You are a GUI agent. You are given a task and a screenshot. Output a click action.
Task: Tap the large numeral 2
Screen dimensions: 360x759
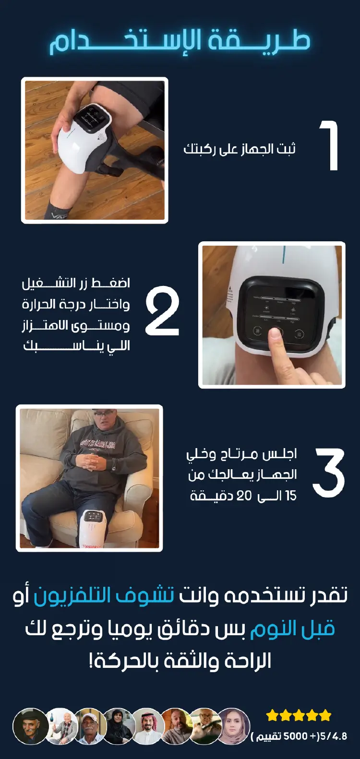coord(162,310)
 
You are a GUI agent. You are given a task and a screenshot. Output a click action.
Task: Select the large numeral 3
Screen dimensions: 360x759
coord(328,473)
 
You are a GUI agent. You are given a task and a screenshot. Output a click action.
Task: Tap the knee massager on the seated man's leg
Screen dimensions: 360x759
coord(94,527)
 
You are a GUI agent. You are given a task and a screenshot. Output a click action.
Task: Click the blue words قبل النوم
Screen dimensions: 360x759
coord(292,629)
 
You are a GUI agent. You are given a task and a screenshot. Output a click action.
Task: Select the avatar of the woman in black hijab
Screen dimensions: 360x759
coord(120,724)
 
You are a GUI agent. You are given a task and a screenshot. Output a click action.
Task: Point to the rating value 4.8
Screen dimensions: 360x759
coord(340,736)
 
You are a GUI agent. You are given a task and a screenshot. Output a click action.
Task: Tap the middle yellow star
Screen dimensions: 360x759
coord(299,715)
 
